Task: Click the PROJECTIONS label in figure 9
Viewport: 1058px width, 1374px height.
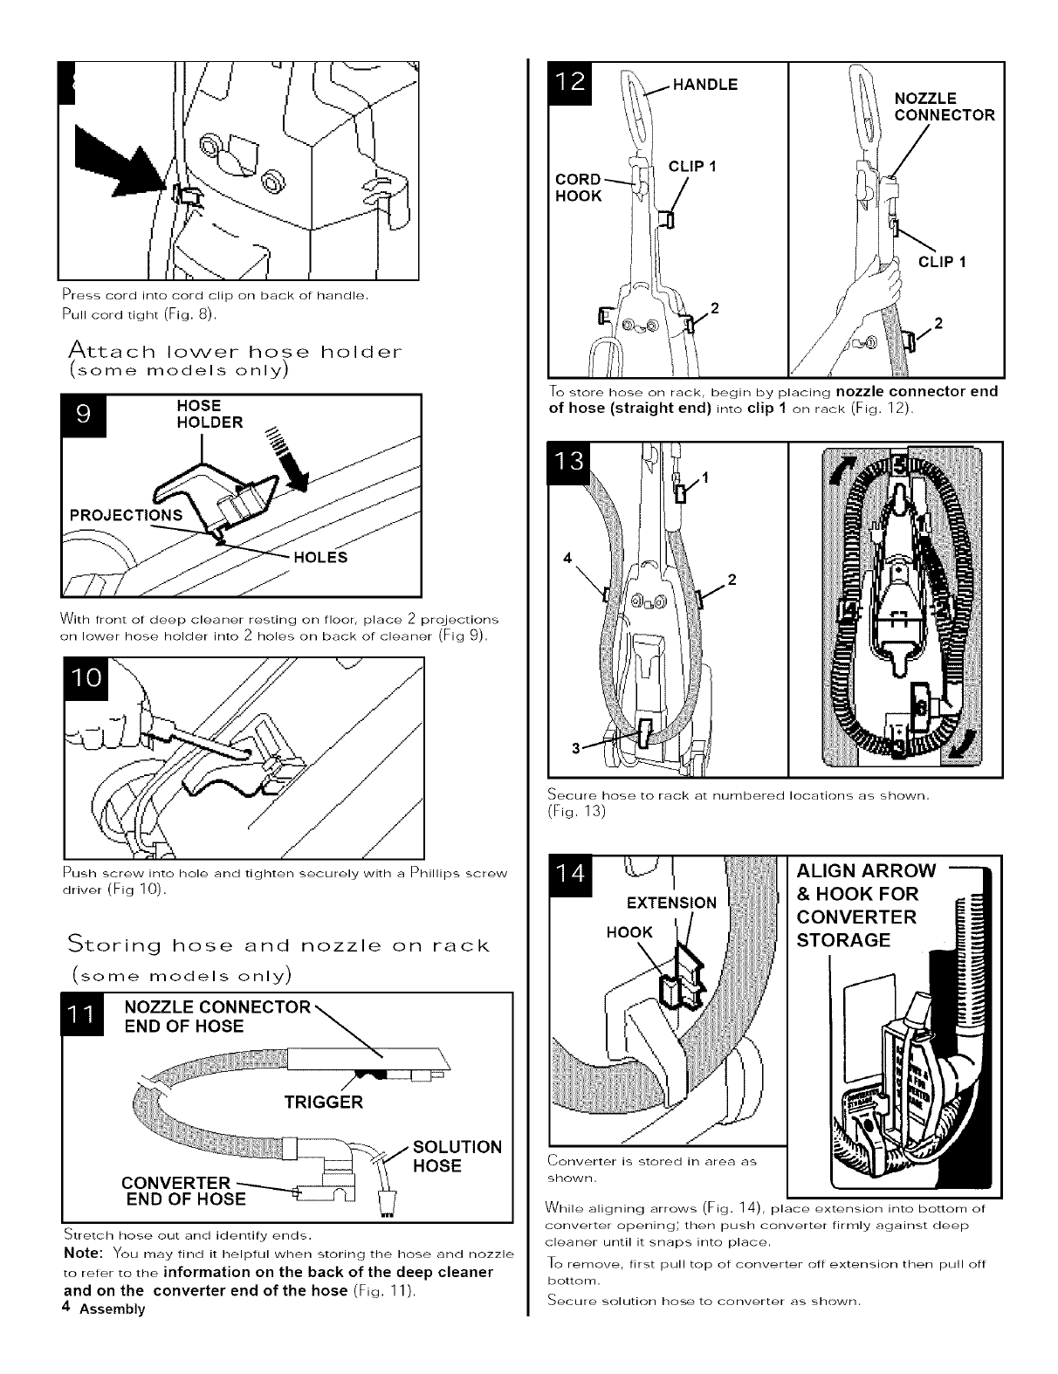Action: coord(126,514)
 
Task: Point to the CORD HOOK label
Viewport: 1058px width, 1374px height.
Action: coord(579,188)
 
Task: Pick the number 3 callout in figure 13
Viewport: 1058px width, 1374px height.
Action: coord(575,747)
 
